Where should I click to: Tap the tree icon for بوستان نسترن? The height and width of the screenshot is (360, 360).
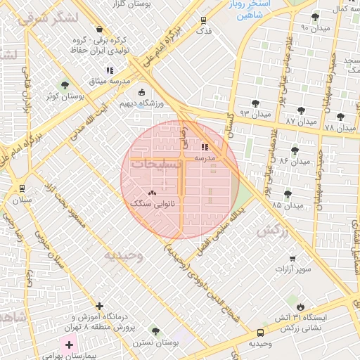155,330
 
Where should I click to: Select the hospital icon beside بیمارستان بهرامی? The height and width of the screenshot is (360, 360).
69,345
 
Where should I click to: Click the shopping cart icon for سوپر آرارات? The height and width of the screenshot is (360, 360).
292,259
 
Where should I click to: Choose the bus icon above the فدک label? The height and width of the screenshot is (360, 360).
203,20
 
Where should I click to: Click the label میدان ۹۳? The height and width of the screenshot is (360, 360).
255,113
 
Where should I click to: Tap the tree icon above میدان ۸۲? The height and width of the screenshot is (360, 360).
295,150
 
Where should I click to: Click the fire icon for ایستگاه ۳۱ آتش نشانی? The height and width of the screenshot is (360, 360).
301,307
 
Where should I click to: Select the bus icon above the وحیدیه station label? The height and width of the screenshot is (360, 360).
260,332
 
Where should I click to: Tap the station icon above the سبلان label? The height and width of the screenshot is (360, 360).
22,188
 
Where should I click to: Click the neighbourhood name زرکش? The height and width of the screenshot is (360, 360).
273,230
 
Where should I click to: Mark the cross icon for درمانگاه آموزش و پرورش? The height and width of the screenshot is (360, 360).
100,307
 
